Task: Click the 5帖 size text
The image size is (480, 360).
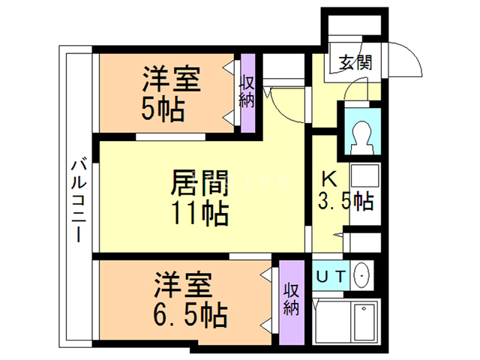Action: click(163, 110)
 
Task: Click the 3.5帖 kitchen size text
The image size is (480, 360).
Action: click(346, 200)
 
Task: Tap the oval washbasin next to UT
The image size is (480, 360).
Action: click(361, 276)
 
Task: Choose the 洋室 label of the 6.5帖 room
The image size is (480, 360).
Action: click(184, 285)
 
